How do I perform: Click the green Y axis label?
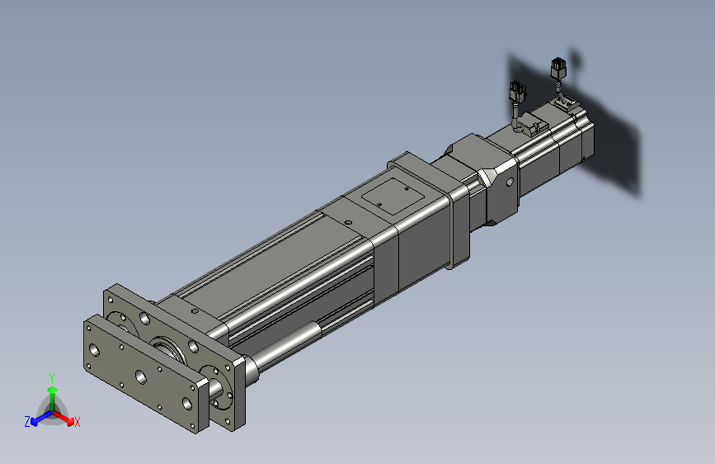[x=52, y=377]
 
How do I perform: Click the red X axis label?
[x=77, y=422]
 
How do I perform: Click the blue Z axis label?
[x=27, y=422]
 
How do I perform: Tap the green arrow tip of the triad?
[x=53, y=390]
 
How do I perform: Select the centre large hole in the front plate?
[x=141, y=376]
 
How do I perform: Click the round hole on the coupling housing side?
[x=510, y=182]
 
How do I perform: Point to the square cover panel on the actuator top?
[x=393, y=196]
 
